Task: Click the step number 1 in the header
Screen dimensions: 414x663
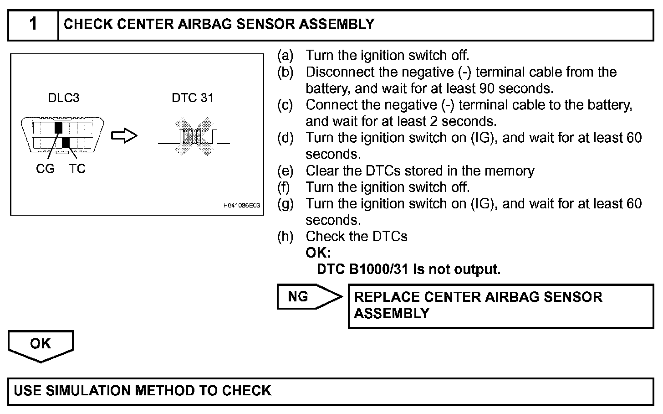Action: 33,24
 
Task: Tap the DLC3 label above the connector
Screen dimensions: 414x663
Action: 63,98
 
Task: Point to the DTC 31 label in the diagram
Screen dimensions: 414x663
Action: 192,98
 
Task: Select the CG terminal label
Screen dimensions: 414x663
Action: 45,169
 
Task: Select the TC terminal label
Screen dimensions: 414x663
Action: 77,169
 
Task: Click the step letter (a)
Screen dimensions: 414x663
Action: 285,56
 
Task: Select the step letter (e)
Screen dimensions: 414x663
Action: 285,171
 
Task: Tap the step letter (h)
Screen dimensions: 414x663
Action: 285,237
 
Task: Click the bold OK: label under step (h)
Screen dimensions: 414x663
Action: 318,253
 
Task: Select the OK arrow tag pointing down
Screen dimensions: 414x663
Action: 41,345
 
